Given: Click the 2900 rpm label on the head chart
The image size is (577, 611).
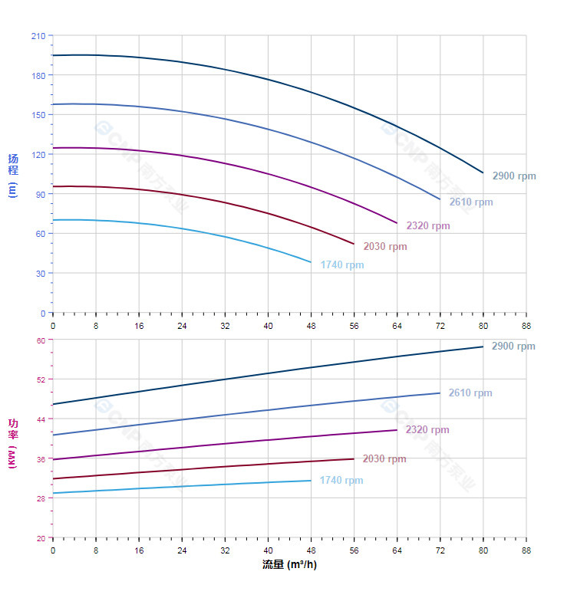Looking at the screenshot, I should [x=514, y=176].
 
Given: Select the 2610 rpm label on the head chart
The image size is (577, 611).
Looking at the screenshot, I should [x=471, y=202].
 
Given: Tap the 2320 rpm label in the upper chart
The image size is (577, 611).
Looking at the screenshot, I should [x=428, y=226].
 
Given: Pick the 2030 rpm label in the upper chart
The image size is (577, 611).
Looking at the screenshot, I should [x=385, y=247].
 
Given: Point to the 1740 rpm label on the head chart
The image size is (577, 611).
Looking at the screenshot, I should [x=342, y=265].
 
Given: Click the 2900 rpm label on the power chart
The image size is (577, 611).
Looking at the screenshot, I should [x=513, y=347].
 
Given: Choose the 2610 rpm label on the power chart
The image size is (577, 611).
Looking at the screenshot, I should [x=470, y=393].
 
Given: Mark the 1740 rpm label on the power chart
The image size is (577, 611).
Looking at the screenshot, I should [x=341, y=481].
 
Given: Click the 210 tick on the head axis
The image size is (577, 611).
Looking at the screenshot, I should [x=38, y=36].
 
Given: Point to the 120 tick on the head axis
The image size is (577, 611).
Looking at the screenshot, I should [x=38, y=155].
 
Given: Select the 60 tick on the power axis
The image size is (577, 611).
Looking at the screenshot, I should [x=40, y=340].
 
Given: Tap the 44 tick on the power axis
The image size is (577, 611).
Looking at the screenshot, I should [x=40, y=419].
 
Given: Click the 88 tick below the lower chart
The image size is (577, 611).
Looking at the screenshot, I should [x=526, y=550].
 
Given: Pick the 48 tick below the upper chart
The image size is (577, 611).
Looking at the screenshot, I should [x=311, y=326].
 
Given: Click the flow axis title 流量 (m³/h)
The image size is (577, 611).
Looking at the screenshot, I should [x=289, y=565].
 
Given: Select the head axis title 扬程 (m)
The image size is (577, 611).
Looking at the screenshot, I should [x=12, y=176].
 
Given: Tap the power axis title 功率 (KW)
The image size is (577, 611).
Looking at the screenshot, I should [x=12, y=444].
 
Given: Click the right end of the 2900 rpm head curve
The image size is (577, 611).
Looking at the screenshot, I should [x=483, y=173].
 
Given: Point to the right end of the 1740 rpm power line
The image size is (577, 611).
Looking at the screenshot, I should [x=311, y=481].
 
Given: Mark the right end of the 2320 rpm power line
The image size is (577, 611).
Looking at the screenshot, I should [x=397, y=430].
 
